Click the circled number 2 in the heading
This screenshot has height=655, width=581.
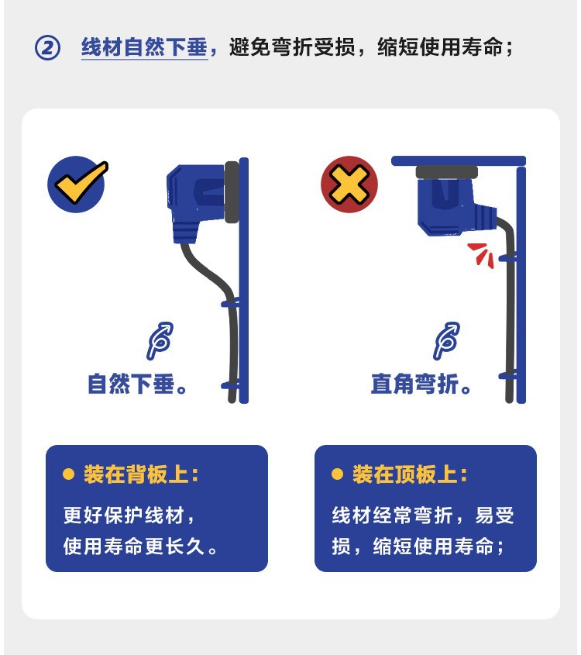[x=47, y=48]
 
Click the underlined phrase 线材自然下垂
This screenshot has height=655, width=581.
[x=145, y=47]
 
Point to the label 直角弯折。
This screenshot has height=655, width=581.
[x=422, y=384]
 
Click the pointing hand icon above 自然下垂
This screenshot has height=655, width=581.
[x=160, y=341]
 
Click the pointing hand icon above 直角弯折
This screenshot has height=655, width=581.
[x=446, y=341]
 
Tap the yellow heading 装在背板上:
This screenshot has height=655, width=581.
[x=141, y=474]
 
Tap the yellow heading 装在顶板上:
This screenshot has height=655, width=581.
[x=410, y=474]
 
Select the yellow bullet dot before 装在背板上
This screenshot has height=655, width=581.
[x=68, y=474]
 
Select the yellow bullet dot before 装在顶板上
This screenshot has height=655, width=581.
[x=337, y=474]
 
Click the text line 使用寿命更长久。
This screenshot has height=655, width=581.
[x=141, y=546]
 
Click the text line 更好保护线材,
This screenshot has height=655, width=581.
[x=130, y=515]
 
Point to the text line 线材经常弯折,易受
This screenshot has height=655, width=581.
[x=423, y=515]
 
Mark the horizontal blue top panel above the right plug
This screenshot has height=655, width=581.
[x=459, y=161]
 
